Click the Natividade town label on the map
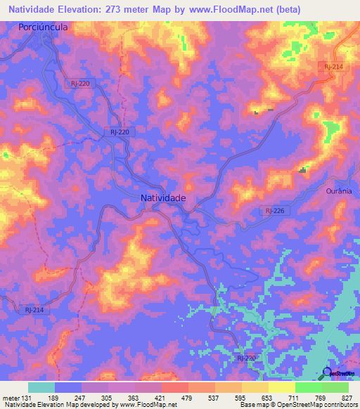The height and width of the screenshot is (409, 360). pyautogui.click(x=163, y=198)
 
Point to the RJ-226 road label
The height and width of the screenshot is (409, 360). pyautogui.click(x=274, y=210)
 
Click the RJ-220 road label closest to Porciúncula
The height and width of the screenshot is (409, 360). pyautogui.click(x=79, y=83)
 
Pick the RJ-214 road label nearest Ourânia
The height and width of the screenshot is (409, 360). pyautogui.click(x=333, y=65)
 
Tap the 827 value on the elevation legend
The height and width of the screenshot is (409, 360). pyautogui.click(x=347, y=398)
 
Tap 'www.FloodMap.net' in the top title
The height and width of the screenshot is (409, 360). pyautogui.click(x=228, y=8)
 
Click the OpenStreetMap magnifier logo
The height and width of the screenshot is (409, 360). pyautogui.click(x=328, y=373)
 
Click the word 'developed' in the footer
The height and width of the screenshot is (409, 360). pyautogui.click(x=94, y=405)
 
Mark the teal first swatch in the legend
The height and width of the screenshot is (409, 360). pyautogui.click(x=41, y=387)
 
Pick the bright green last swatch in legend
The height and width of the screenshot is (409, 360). pyautogui.click(x=335, y=387)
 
